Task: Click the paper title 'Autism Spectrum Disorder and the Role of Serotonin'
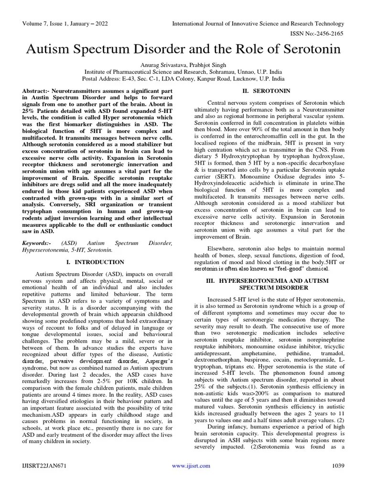point(183,49)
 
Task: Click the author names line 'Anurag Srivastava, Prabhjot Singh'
point(183,64)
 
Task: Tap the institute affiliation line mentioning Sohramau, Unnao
point(183,71)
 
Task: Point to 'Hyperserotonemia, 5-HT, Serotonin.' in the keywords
point(67,250)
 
